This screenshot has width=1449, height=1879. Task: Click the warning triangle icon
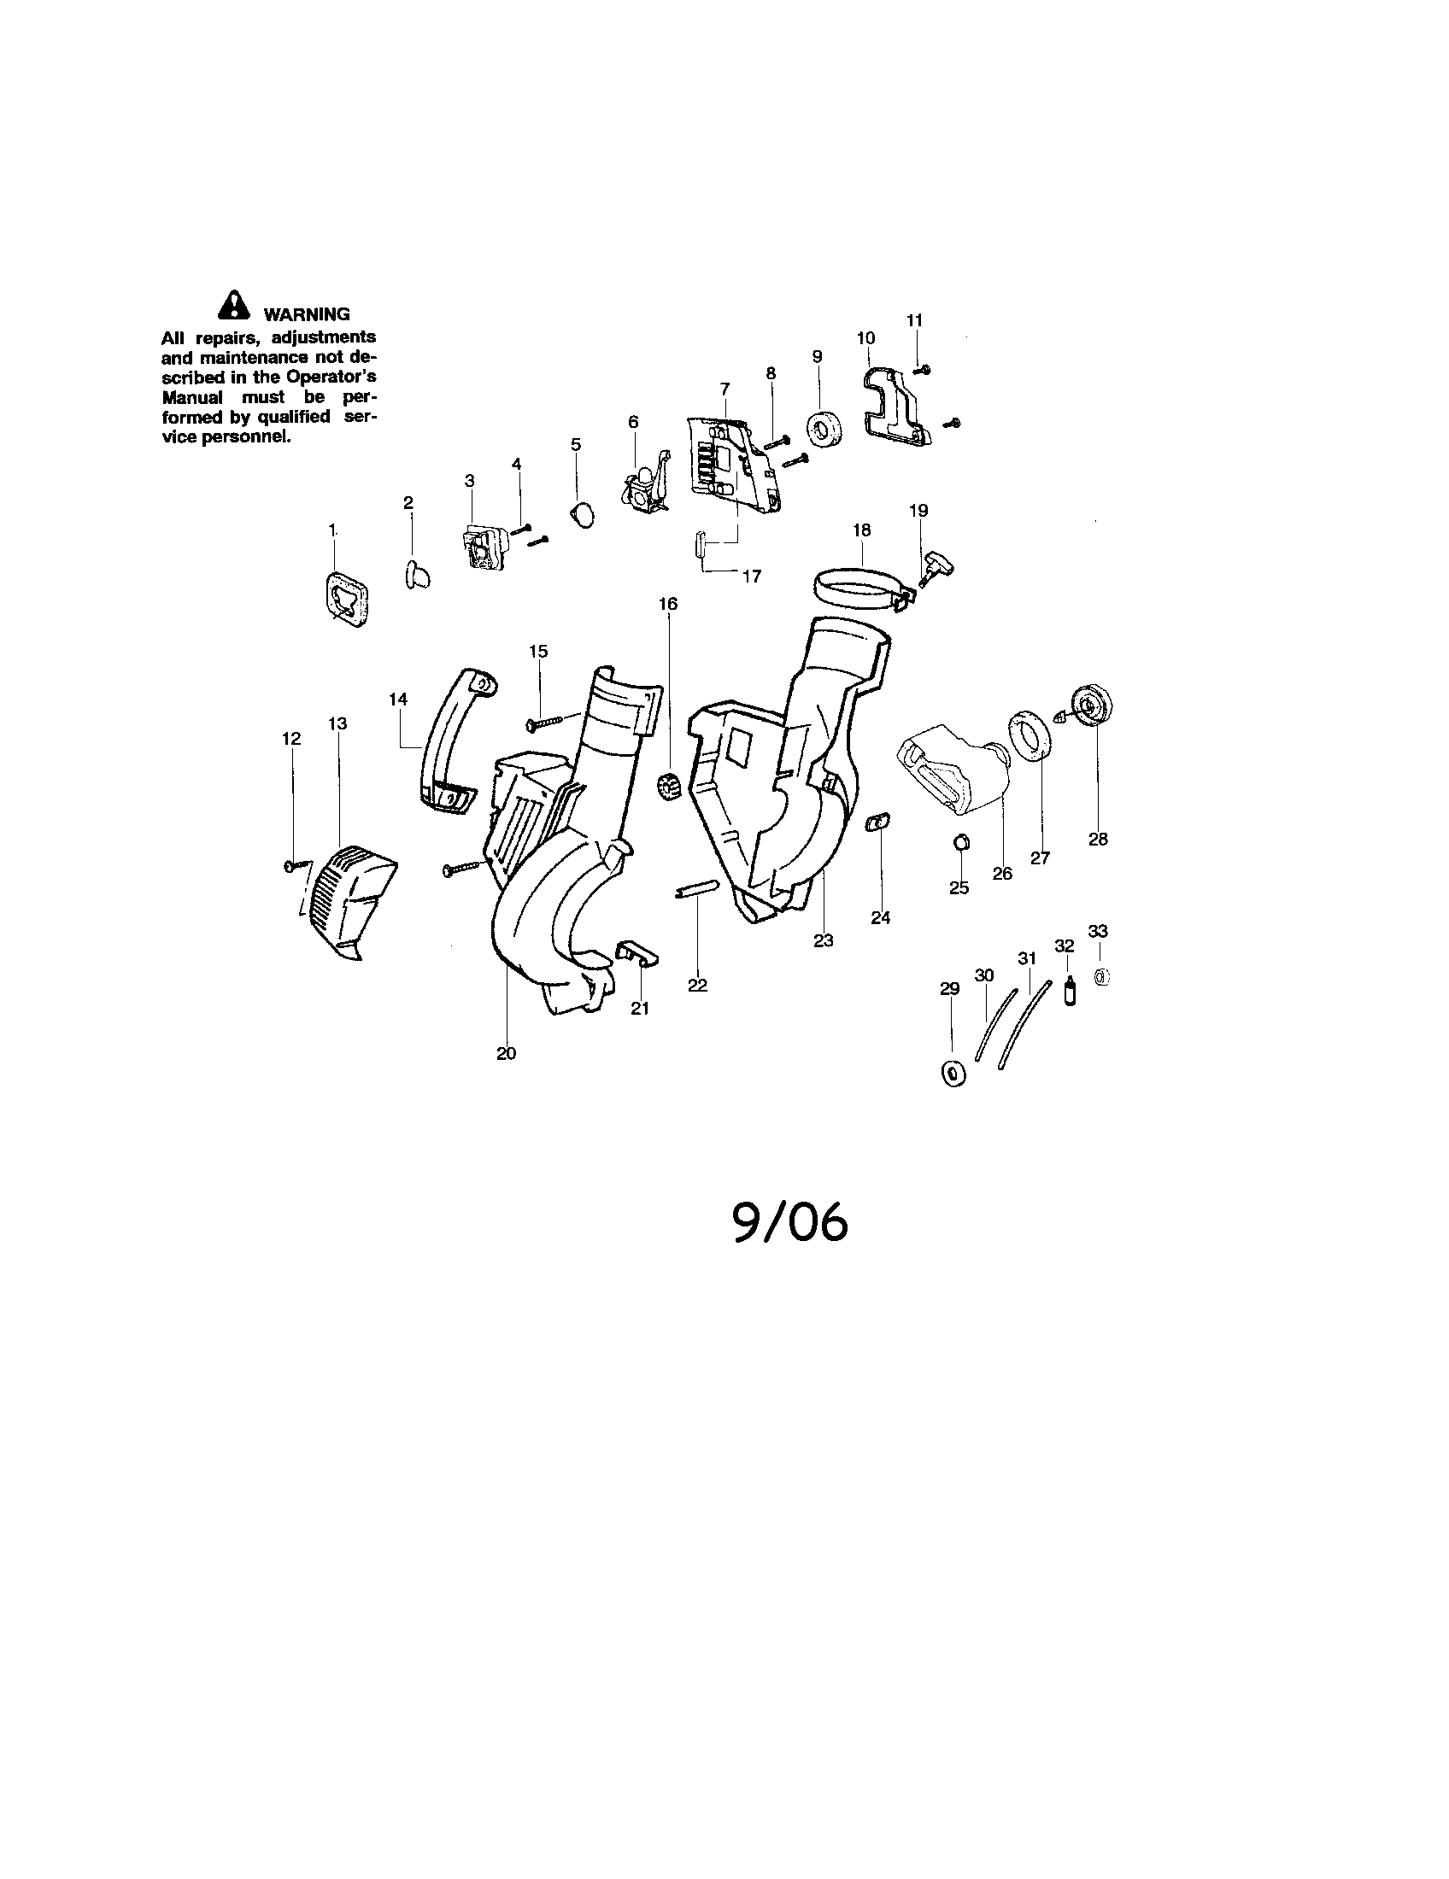point(232,307)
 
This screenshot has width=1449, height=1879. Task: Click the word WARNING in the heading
point(307,314)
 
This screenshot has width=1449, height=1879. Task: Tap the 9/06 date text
point(790,1222)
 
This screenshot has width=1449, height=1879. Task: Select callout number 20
point(506,1053)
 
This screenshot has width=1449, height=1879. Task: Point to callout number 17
point(752,577)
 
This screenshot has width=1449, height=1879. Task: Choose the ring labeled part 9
point(824,430)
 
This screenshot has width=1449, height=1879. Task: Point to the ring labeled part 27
point(1030,734)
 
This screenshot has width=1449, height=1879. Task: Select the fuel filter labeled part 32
point(1070,992)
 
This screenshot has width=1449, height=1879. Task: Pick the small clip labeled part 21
point(635,952)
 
